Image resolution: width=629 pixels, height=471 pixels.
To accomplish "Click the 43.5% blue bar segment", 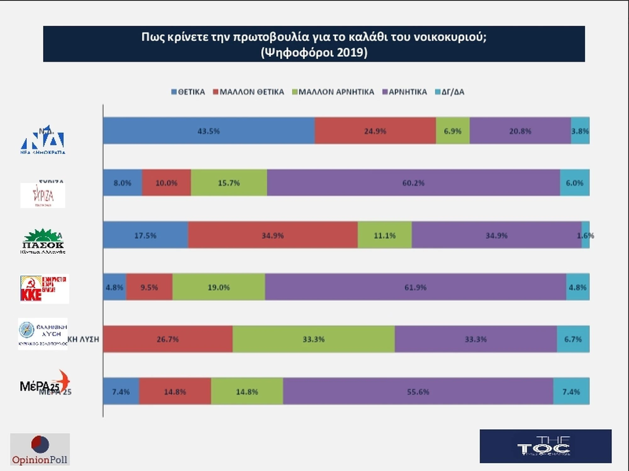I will [x=209, y=131].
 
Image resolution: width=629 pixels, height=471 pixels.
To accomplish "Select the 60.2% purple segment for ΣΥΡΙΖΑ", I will [x=413, y=183].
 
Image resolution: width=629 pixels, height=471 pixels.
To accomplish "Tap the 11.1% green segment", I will [x=385, y=235].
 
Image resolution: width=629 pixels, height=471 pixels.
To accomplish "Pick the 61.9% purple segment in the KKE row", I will [x=415, y=287].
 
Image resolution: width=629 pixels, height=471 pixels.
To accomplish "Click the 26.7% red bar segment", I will [x=168, y=339].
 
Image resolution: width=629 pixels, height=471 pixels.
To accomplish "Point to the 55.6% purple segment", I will [x=418, y=391].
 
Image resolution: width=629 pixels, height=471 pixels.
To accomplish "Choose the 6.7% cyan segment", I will [x=573, y=339].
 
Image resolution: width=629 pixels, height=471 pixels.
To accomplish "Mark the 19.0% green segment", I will [x=219, y=287].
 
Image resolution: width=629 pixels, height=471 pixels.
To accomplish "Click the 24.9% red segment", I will [x=375, y=131].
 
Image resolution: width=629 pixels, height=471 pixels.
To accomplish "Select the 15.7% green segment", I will [x=229, y=183].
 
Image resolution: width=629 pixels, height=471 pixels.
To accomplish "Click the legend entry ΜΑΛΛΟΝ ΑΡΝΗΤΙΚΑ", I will [x=333, y=92].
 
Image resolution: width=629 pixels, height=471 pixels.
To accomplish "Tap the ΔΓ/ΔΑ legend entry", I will [x=450, y=92].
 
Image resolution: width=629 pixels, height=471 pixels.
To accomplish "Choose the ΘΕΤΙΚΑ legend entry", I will [x=188, y=92].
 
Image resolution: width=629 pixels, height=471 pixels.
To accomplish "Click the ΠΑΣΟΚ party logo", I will [x=43, y=241].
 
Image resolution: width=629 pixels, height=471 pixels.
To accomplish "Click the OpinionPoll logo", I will [x=40, y=449].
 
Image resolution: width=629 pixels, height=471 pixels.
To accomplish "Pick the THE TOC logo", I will [x=545, y=446].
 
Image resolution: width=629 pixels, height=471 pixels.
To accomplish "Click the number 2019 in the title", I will [x=350, y=53].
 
